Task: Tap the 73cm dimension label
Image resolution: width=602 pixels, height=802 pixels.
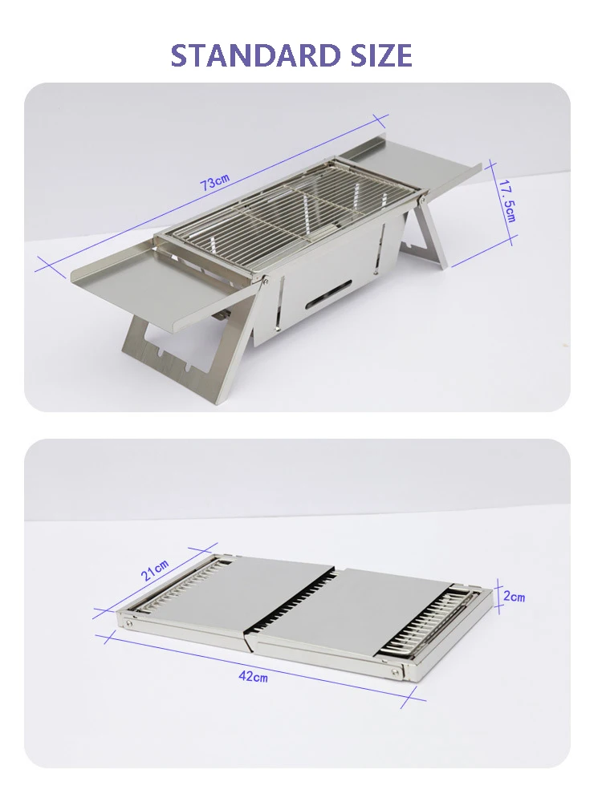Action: coord(214,183)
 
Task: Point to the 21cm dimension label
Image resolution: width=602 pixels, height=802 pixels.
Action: coord(155,570)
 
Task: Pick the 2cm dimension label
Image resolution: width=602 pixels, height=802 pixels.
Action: coord(514,597)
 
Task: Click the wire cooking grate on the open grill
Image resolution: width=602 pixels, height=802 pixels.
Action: coord(289,210)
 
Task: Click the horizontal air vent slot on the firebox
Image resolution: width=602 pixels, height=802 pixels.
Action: coord(329,294)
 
